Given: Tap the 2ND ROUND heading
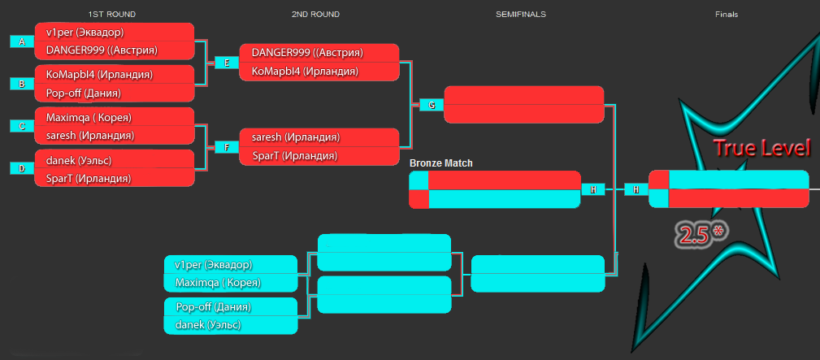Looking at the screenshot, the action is [x=315, y=15].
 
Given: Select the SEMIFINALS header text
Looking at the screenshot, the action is [x=520, y=15].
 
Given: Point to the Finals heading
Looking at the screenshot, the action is [x=727, y=15].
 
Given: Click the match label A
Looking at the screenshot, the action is [x=22, y=42].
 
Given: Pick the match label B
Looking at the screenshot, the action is [x=22, y=84].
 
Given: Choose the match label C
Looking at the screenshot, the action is [x=22, y=126].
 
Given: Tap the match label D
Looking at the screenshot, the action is [x=22, y=168].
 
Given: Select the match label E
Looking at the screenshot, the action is [x=227, y=63].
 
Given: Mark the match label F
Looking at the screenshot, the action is [x=227, y=147].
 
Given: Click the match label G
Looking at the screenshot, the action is [x=432, y=105].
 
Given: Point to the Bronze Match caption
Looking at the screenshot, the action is [x=440, y=163].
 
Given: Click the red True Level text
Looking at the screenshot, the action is [x=762, y=148].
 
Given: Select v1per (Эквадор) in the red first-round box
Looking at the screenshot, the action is [x=85, y=32].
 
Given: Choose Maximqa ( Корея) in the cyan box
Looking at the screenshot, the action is [x=218, y=283].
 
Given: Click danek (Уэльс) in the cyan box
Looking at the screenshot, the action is [x=208, y=325].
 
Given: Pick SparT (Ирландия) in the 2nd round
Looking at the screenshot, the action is [x=294, y=156].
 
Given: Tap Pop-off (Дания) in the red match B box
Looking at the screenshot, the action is [x=84, y=93].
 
